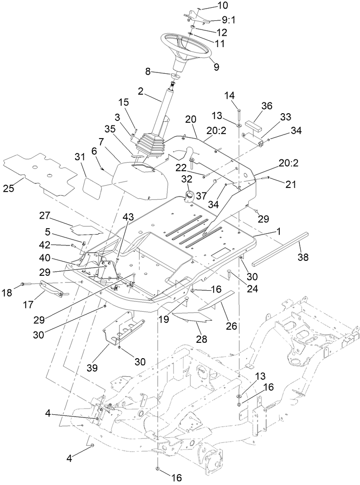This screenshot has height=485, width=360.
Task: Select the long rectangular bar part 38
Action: pyautogui.click(x=279, y=247)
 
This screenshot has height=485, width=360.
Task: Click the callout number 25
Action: pyautogui.click(x=9, y=187)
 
